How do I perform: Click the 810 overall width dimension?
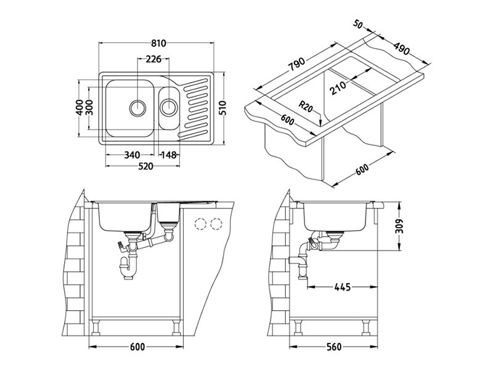point(158,43)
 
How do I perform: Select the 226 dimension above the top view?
point(153,60)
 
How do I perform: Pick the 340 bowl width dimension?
point(132,155)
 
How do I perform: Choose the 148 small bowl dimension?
point(169,155)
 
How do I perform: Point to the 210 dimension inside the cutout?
point(338,89)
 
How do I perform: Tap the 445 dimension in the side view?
point(343,287)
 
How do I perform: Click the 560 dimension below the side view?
point(333,347)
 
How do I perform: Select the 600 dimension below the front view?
point(137,347)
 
